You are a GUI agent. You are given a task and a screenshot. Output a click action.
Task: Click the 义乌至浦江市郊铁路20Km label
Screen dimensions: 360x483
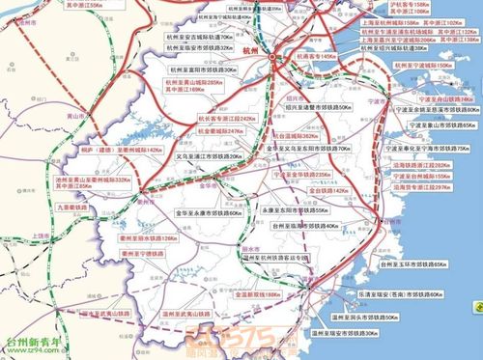click(208, 155)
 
